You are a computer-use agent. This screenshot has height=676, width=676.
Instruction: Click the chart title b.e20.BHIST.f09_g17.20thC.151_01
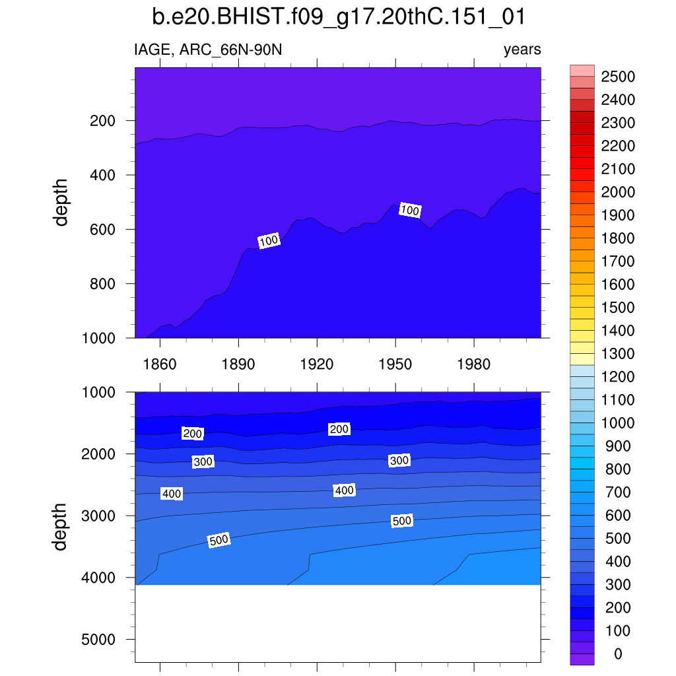[x=338, y=17]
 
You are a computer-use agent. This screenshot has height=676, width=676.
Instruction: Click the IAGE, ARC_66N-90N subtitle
[x=208, y=50]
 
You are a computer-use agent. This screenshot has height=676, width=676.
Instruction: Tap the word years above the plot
[x=522, y=50]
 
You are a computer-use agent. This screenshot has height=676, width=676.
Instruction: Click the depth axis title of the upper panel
[x=61, y=203]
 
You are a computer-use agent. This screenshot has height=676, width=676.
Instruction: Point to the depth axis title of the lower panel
[x=61, y=526]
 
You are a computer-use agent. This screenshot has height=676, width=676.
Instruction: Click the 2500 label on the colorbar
[x=618, y=77]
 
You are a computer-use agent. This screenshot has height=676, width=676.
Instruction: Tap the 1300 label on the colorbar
[x=618, y=354]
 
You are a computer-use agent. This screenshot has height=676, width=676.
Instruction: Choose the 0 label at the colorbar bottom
[x=618, y=654]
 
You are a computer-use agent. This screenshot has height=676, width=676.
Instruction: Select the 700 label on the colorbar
[x=618, y=492]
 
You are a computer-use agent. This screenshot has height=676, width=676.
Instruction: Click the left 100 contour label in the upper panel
[x=269, y=241]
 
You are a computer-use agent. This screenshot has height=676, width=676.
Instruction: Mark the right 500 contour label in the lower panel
[x=401, y=521]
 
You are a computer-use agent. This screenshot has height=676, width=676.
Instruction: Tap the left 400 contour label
[x=172, y=494]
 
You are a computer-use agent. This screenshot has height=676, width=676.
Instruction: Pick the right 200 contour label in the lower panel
[x=339, y=429]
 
